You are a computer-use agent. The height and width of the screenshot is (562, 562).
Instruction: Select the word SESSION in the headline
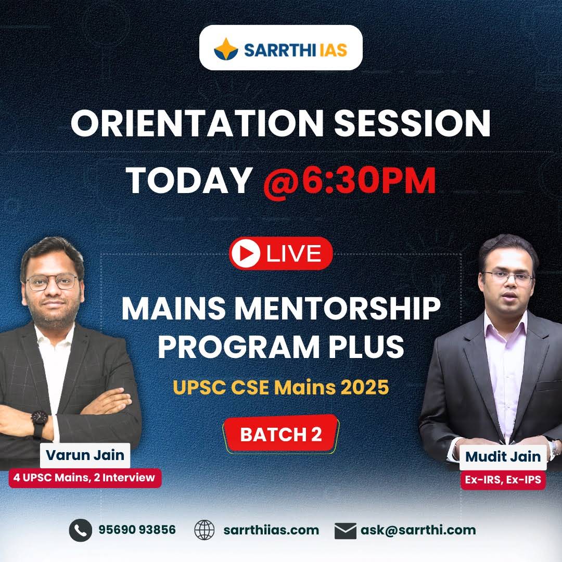click(415, 124)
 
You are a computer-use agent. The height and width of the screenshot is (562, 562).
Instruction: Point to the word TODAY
click(189, 180)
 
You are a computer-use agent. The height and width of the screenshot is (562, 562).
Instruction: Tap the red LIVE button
click(280, 253)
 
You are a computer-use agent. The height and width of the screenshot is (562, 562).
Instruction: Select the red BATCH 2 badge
click(281, 435)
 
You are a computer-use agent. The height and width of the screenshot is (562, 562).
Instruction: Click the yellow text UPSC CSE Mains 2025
click(281, 388)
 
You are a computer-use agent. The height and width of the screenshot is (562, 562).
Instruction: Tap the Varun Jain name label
click(85, 455)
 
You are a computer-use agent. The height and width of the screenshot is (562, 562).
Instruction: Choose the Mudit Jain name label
click(503, 457)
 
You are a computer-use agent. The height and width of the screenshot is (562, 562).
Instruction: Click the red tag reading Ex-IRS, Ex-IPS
click(503, 480)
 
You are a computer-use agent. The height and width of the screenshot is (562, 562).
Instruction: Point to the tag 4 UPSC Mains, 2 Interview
click(85, 477)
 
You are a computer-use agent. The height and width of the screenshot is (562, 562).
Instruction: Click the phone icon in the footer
click(80, 530)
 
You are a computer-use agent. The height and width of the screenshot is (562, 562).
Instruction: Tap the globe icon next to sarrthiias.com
click(204, 530)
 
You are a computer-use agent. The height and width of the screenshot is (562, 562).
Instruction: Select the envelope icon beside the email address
click(345, 530)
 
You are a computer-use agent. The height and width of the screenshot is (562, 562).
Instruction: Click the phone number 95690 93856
click(137, 530)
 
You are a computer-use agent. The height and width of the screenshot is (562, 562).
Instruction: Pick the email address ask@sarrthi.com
click(418, 530)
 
